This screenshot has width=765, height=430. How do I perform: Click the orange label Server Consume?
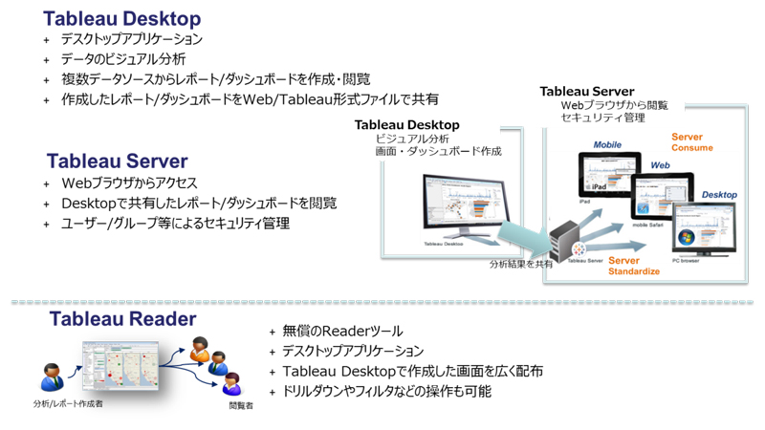coord(691,142)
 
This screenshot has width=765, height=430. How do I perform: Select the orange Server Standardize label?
coord(634,266)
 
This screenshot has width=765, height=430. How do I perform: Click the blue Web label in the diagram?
coord(660,164)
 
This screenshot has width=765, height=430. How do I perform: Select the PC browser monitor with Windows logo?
coord(706,229)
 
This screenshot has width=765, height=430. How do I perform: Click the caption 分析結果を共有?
coord(520,264)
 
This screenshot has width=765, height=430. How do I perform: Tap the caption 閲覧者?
coord(241,406)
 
